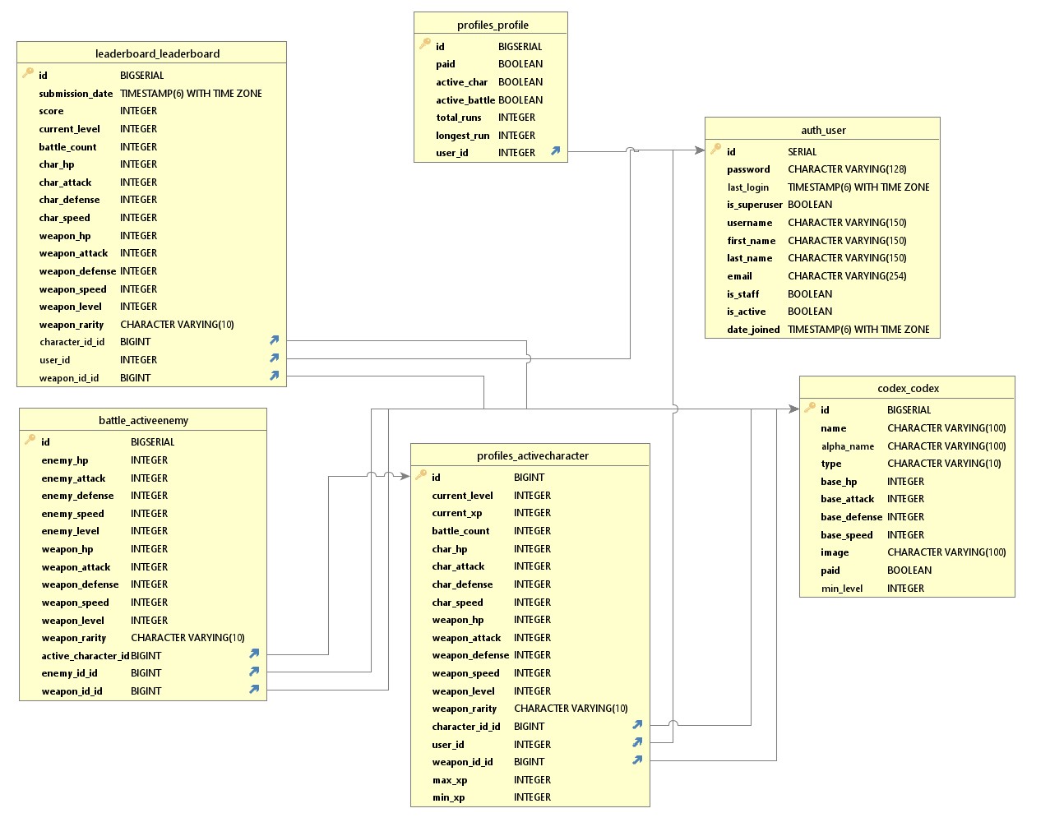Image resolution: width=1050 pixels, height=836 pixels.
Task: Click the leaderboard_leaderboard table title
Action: [157, 53]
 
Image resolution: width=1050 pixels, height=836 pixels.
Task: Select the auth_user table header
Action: [823, 130]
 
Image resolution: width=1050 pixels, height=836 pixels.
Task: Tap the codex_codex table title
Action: [908, 388]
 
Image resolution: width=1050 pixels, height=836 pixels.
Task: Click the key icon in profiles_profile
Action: [425, 44]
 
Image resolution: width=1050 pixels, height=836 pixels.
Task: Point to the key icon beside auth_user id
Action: [716, 149]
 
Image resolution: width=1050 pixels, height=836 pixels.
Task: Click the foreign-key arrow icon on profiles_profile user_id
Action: [556, 151]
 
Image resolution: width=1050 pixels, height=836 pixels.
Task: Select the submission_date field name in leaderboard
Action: [76, 94]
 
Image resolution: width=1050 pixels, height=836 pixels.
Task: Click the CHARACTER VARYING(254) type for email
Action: [847, 276]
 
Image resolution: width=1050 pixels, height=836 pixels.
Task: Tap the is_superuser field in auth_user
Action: [754, 205]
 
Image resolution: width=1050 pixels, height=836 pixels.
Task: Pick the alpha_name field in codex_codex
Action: [848, 446]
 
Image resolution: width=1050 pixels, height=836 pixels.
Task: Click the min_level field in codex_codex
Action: [842, 589]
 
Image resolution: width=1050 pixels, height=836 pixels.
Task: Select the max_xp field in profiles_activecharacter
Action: [450, 780]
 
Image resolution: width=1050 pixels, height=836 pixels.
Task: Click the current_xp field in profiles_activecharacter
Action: [457, 513]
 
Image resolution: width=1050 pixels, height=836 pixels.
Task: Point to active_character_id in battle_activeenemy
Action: [86, 656]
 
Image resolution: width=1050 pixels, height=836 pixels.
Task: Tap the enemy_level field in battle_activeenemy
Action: [71, 531]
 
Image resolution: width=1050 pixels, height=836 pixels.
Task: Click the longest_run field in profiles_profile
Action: [462, 136]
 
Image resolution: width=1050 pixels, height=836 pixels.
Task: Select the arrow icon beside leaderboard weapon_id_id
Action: [275, 376]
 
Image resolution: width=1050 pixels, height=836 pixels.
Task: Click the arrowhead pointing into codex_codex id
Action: [793, 409]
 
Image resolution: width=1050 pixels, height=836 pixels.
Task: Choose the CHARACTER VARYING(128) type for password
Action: [847, 169]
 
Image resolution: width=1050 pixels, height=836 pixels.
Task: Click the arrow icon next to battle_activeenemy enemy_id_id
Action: [255, 672]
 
